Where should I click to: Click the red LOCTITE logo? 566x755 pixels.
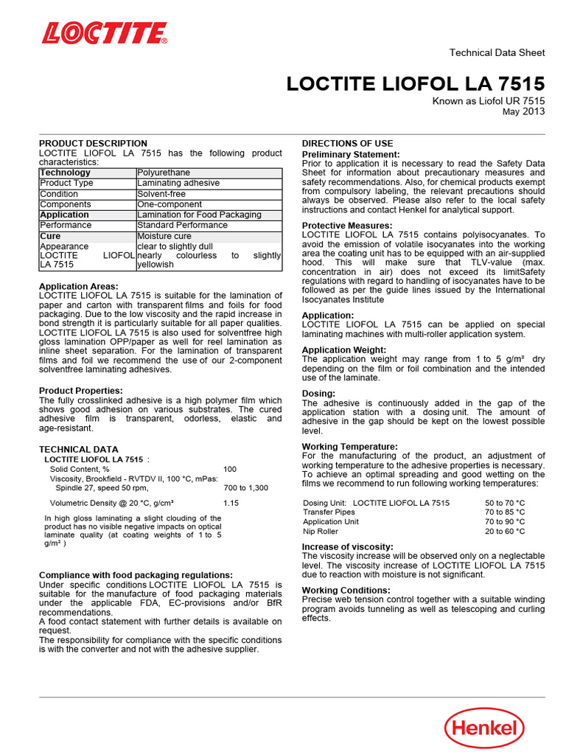click(x=104, y=33)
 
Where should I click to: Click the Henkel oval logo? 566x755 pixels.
click(x=483, y=728)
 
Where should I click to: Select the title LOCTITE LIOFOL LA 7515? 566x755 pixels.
click(x=416, y=83)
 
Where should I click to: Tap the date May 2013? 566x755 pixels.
click(x=523, y=112)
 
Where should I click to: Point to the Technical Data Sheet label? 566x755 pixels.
click(x=497, y=52)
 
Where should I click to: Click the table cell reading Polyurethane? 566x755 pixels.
click(x=164, y=173)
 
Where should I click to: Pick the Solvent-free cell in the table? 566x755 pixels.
click(x=161, y=194)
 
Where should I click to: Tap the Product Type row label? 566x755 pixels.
click(x=66, y=183)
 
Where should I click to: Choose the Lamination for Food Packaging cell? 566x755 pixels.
click(x=199, y=215)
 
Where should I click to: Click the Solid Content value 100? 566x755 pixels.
click(x=230, y=469)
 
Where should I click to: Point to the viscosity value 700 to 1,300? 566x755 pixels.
click(x=245, y=488)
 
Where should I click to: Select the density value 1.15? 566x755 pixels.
click(x=231, y=503)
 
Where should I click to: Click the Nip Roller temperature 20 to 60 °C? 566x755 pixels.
click(x=504, y=531)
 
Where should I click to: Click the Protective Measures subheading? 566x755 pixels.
click(x=347, y=226)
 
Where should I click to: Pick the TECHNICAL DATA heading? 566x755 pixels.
click(x=78, y=449)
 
